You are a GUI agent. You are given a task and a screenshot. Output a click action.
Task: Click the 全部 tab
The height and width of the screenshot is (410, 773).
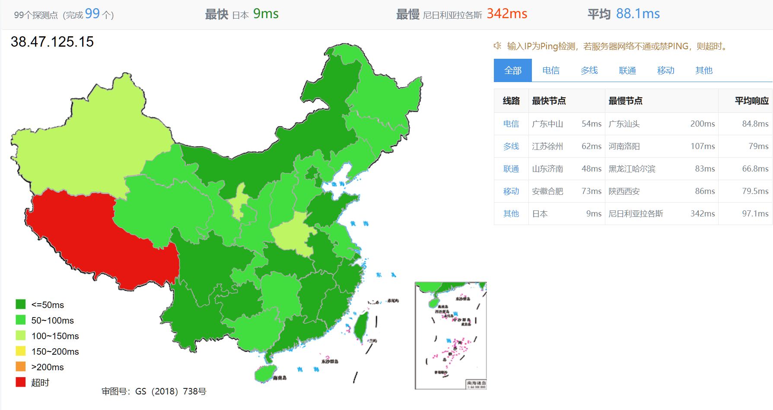click(x=512, y=70)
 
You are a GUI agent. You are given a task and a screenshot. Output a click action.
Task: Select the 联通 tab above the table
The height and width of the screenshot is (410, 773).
click(x=627, y=70)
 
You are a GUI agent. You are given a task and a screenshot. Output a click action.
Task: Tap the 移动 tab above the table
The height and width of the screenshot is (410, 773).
click(x=665, y=70)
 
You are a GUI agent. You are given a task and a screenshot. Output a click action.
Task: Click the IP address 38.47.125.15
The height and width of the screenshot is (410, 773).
click(x=52, y=42)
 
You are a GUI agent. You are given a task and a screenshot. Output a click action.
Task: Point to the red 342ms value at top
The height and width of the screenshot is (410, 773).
click(x=506, y=14)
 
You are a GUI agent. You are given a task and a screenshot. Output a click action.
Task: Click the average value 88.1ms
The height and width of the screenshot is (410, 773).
click(x=638, y=14)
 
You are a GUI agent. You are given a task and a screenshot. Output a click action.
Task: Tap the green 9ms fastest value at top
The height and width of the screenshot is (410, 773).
click(x=266, y=14)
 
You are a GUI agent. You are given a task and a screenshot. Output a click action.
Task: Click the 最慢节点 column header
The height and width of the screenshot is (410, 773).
click(x=625, y=101)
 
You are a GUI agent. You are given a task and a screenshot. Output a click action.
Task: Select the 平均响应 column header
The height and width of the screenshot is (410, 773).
click(x=751, y=101)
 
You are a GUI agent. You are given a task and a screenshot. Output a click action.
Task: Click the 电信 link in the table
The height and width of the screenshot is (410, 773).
click(x=511, y=124)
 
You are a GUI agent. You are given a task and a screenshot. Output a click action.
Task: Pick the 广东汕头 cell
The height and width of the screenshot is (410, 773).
click(x=624, y=124)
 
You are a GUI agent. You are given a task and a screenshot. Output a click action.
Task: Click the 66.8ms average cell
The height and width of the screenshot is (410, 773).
click(x=755, y=169)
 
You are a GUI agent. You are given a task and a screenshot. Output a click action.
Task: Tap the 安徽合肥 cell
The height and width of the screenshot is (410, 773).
click(x=547, y=191)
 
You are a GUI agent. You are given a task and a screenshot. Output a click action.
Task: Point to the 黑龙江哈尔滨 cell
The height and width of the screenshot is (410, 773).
click(x=632, y=169)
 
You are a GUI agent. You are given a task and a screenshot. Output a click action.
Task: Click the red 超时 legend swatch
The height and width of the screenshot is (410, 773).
click(x=21, y=382)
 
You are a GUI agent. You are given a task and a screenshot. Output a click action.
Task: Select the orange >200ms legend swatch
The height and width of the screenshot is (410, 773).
click(x=21, y=367)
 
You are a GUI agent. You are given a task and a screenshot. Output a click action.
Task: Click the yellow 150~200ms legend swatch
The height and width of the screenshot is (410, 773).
click(x=21, y=351)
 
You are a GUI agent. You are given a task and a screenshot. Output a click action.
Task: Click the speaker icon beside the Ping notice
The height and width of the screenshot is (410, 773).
click(x=498, y=46)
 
